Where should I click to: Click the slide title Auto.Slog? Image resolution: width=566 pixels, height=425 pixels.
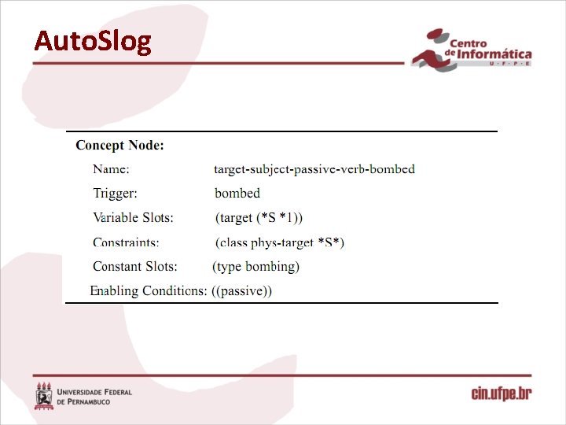92,41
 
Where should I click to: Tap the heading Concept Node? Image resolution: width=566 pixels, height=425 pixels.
119,145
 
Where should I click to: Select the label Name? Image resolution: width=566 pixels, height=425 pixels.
112,169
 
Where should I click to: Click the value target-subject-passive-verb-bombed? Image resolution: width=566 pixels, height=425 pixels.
314,169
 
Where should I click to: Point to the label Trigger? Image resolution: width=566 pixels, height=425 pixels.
115,193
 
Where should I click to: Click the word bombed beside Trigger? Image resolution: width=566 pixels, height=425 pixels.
237,193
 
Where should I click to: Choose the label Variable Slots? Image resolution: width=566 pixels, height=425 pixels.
134,217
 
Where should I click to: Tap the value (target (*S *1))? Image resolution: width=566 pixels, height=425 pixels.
259,217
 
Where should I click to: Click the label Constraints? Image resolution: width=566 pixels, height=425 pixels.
126,242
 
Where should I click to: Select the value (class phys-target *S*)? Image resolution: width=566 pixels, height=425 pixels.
280,242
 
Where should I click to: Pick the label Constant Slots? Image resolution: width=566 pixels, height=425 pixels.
135,267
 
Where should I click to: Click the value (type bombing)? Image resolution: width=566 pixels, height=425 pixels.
256,267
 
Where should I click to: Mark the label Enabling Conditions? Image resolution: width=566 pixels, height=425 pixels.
149,291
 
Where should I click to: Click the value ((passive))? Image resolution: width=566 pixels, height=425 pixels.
242,291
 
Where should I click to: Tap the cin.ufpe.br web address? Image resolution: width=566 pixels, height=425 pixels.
501,393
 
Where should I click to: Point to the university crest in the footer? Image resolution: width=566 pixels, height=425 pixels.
44,395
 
